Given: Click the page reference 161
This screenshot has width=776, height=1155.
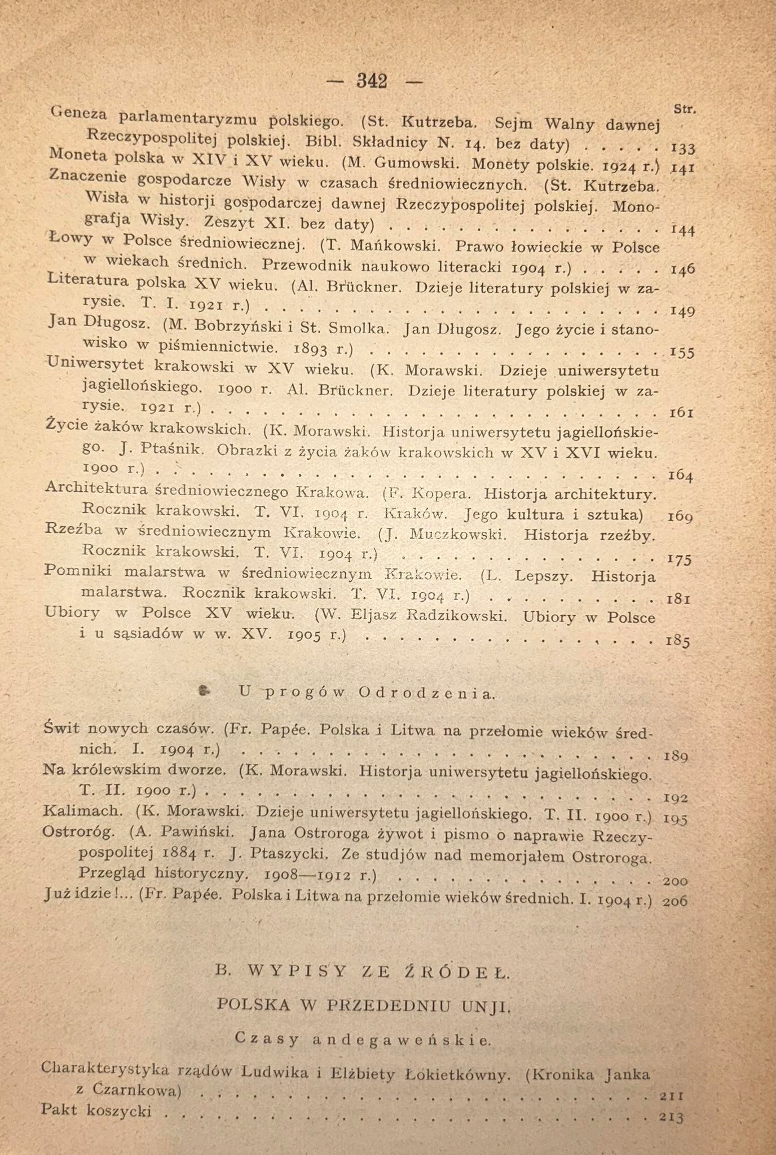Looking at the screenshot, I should (x=680, y=413).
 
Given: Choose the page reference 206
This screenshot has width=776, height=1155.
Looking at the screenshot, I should (x=675, y=901).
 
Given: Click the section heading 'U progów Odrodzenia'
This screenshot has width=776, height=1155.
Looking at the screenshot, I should (x=367, y=693).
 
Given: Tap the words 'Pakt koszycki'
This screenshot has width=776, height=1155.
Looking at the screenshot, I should (x=96, y=1110).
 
